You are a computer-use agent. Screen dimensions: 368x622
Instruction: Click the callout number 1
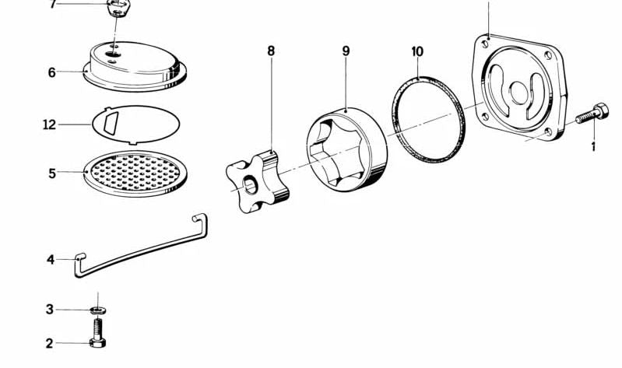[x=593, y=145]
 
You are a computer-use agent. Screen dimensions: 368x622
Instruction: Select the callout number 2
[x=49, y=342]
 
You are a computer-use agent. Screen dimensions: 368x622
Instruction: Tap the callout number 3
[x=49, y=310]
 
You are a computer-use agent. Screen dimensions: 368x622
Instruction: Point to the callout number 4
[x=50, y=259]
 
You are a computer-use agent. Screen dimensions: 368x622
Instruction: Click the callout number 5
[x=52, y=173]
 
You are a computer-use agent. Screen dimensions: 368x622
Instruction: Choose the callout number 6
[x=51, y=72]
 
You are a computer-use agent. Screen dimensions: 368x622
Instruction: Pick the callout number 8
[x=271, y=51]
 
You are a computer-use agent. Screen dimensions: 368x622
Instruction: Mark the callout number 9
[x=346, y=51]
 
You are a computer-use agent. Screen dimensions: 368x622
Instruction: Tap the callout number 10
[x=417, y=51]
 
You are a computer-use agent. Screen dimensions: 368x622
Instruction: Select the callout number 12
[x=49, y=124]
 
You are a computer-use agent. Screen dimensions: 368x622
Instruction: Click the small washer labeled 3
[x=97, y=310]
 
